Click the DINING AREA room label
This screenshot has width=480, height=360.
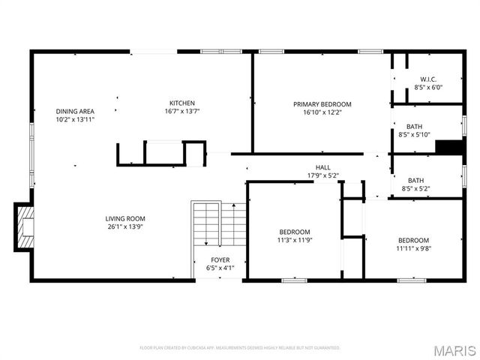(75, 111)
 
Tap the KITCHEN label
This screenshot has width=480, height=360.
(181, 103)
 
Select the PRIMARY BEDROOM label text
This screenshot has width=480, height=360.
(322, 104)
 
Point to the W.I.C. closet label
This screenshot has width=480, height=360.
(428, 79)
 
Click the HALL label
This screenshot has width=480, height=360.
(323, 167)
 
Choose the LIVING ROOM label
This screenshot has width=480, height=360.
(124, 218)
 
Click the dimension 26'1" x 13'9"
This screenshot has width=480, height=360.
(124, 226)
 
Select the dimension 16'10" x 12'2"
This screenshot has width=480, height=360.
(322, 112)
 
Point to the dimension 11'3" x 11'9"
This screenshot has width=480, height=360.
(295, 241)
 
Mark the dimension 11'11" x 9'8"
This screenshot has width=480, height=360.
(414, 248)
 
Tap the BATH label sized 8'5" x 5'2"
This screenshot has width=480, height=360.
(415, 180)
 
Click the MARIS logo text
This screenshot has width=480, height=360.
(454, 349)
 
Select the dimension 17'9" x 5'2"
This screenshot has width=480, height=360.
(323, 175)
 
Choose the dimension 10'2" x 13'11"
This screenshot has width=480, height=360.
(75, 119)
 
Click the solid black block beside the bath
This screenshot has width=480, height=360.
(449, 147)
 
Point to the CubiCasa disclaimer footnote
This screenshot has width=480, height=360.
(240, 348)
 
